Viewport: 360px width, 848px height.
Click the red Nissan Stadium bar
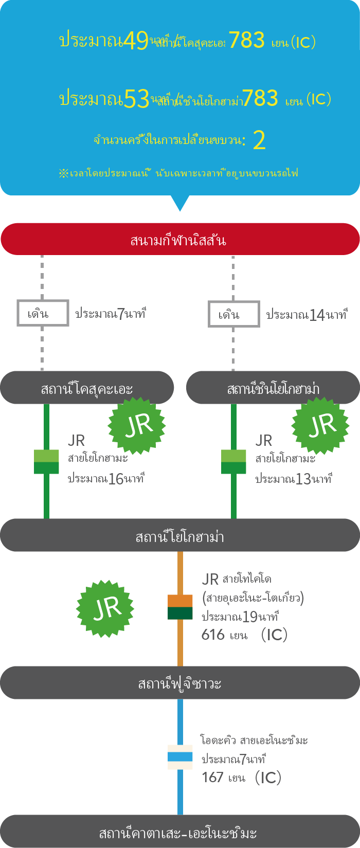coord(179,239)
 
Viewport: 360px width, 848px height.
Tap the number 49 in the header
coord(136,41)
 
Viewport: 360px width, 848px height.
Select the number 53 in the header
coord(137,99)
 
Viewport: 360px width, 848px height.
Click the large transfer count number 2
coord(260,140)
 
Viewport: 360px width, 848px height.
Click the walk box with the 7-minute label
coord(43,313)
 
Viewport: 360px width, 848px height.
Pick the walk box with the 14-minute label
coord(233,314)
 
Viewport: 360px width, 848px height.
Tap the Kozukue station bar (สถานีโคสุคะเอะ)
coord(86,388)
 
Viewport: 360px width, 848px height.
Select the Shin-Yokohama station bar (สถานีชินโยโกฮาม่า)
coord(273,388)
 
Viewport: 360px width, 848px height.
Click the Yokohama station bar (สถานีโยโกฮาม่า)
coord(179,535)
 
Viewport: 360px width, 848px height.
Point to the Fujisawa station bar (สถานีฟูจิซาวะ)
coord(179,683)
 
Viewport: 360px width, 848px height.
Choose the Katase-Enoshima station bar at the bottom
coord(179,831)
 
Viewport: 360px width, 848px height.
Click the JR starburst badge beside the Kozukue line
coord(137,425)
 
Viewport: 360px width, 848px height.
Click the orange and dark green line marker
coord(180,607)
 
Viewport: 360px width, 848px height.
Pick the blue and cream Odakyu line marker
coord(180,757)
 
